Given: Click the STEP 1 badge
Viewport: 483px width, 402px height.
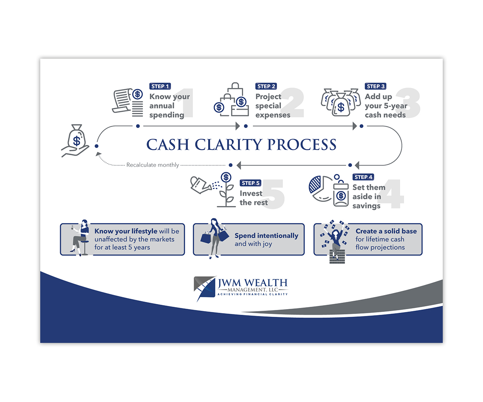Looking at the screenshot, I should coord(160,86).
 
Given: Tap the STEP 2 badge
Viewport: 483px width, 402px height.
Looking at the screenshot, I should coord(266,86).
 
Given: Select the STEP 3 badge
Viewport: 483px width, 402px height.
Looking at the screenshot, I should coord(376,86).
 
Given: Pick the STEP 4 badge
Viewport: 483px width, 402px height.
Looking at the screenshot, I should coord(363,177).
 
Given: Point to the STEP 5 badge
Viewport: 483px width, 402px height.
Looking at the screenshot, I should coord(250,183).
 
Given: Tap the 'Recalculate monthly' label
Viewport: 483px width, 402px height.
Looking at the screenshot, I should coord(153,165).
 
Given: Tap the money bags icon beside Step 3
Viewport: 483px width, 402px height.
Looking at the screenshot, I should coord(341,102).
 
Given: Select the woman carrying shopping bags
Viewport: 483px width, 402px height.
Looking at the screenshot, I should coord(215,238).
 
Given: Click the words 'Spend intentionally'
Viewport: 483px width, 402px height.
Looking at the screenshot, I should coord(266,236).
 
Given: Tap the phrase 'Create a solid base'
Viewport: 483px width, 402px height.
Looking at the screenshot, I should coord(386,231).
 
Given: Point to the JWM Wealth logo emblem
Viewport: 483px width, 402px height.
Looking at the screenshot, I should coord(205,288).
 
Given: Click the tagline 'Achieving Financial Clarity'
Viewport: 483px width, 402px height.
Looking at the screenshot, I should coord(253,294).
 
